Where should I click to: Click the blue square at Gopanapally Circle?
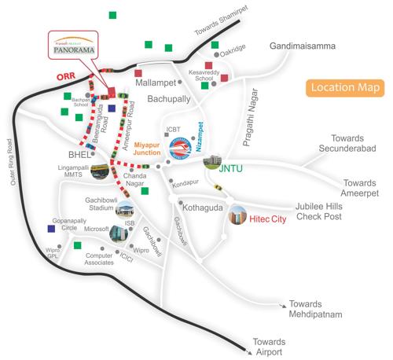pyautogui.click(x=51, y=229)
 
